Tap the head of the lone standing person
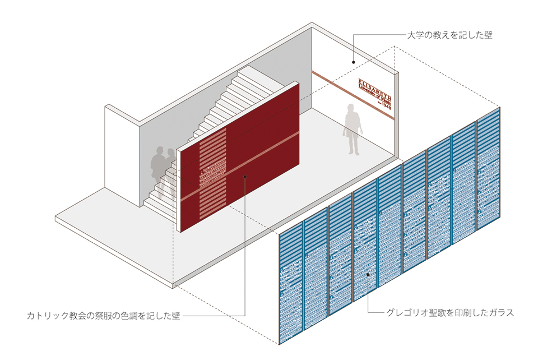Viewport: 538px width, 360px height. tap(350, 109)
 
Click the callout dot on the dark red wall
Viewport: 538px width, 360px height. tap(245, 177)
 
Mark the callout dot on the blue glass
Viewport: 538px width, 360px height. tap(367, 274)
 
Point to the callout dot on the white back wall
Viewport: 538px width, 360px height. tap(354, 62)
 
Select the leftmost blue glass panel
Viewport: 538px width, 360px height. tap(291, 286)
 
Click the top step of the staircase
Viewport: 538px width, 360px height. tap(247, 72)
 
